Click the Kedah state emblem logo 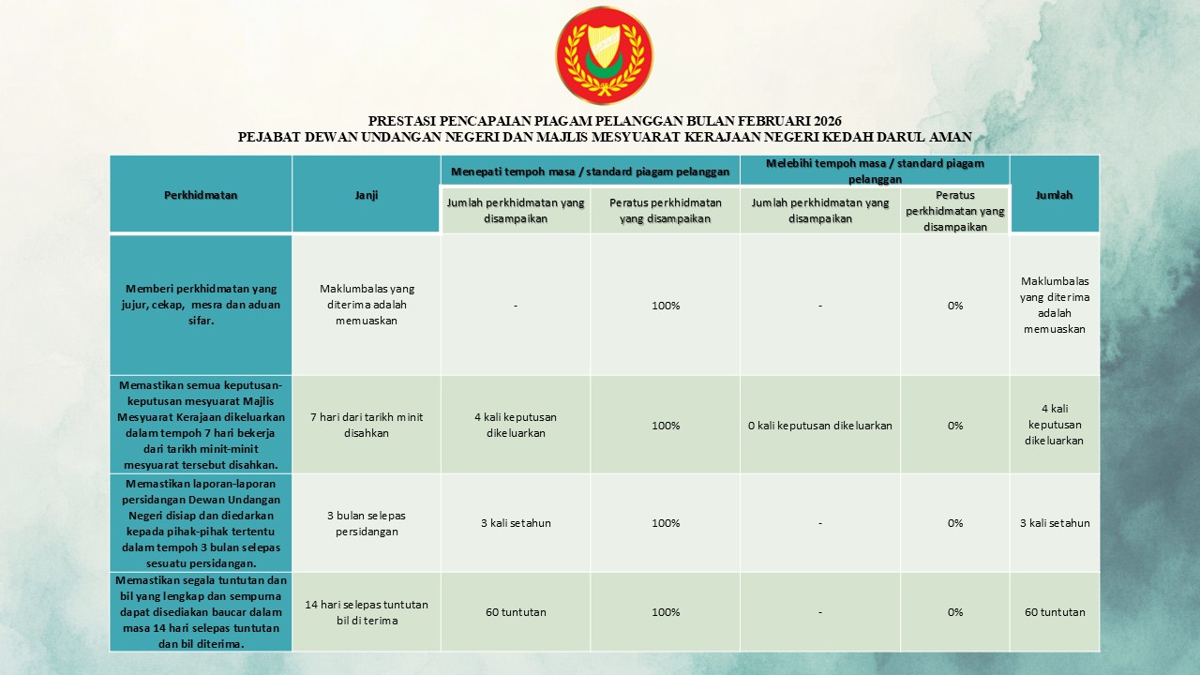click(604, 54)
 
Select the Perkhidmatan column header click(201, 195)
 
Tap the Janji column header click(366, 195)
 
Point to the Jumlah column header click(1054, 195)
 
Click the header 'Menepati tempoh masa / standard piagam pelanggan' click(591, 172)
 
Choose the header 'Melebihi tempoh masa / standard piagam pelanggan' click(875, 171)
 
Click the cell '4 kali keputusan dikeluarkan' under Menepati click(516, 426)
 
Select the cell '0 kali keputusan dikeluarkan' click(820, 426)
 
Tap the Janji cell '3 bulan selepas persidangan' click(366, 523)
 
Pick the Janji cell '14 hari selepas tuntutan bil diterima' click(366, 612)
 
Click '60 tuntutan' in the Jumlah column click(1055, 612)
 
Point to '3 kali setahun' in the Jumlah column click(1055, 523)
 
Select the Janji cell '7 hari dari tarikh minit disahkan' click(366, 426)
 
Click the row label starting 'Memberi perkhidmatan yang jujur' click(201, 305)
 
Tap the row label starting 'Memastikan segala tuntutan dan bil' click(201, 612)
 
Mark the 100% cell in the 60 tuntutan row click(666, 612)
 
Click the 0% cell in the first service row click(954, 306)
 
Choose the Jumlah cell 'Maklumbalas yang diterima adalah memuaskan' click(1055, 305)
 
